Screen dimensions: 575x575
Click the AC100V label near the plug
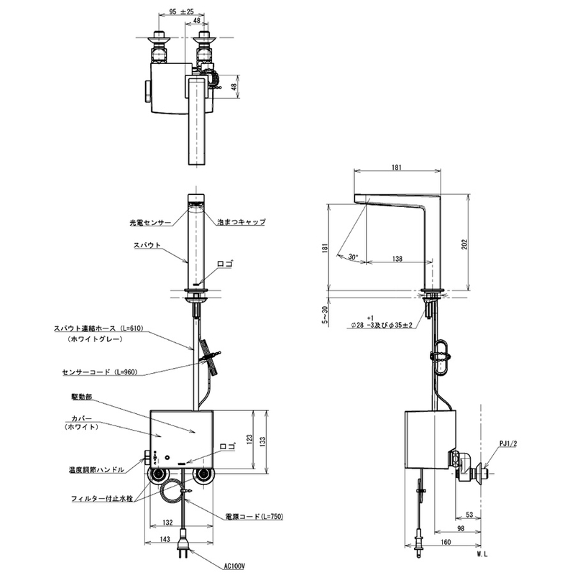click(x=234, y=566)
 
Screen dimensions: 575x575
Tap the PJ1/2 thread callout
click(x=508, y=443)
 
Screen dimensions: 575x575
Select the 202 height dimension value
click(x=465, y=244)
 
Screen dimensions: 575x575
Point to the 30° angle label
click(x=353, y=257)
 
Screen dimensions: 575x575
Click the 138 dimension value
click(x=397, y=259)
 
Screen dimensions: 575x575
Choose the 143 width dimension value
click(x=165, y=539)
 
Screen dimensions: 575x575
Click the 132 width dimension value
click(x=167, y=523)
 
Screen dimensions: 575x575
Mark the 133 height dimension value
click(x=262, y=442)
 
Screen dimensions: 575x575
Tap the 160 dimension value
click(x=446, y=542)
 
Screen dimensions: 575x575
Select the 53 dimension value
click(x=469, y=515)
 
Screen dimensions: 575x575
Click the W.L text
click(x=482, y=554)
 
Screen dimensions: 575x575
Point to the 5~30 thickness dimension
click(x=325, y=315)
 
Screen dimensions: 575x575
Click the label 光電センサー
click(x=150, y=223)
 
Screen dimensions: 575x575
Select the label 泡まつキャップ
click(x=241, y=222)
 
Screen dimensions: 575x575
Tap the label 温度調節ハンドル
click(x=96, y=469)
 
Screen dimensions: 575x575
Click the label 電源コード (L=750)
click(x=254, y=516)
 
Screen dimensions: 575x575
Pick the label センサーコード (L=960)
click(x=100, y=372)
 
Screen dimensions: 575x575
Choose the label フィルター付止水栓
click(x=102, y=499)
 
